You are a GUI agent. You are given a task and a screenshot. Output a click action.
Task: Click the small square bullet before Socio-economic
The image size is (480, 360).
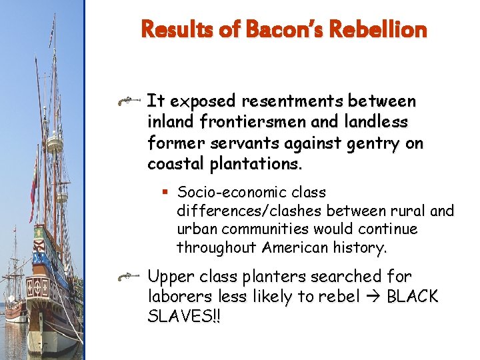165,193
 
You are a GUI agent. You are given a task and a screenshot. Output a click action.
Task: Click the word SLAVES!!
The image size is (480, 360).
183,317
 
